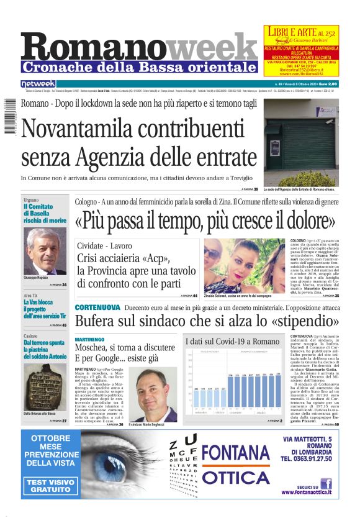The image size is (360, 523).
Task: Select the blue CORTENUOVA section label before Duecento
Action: point(97,307)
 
